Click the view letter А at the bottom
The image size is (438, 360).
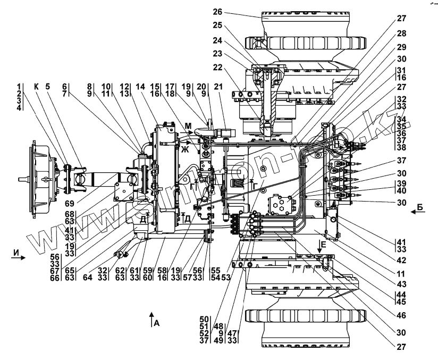(x=156, y=322)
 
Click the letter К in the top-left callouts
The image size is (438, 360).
(x=36, y=87)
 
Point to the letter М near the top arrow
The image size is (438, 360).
(x=188, y=125)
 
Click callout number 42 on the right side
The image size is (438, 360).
(x=401, y=261)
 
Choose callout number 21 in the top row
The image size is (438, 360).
(x=226, y=87)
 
